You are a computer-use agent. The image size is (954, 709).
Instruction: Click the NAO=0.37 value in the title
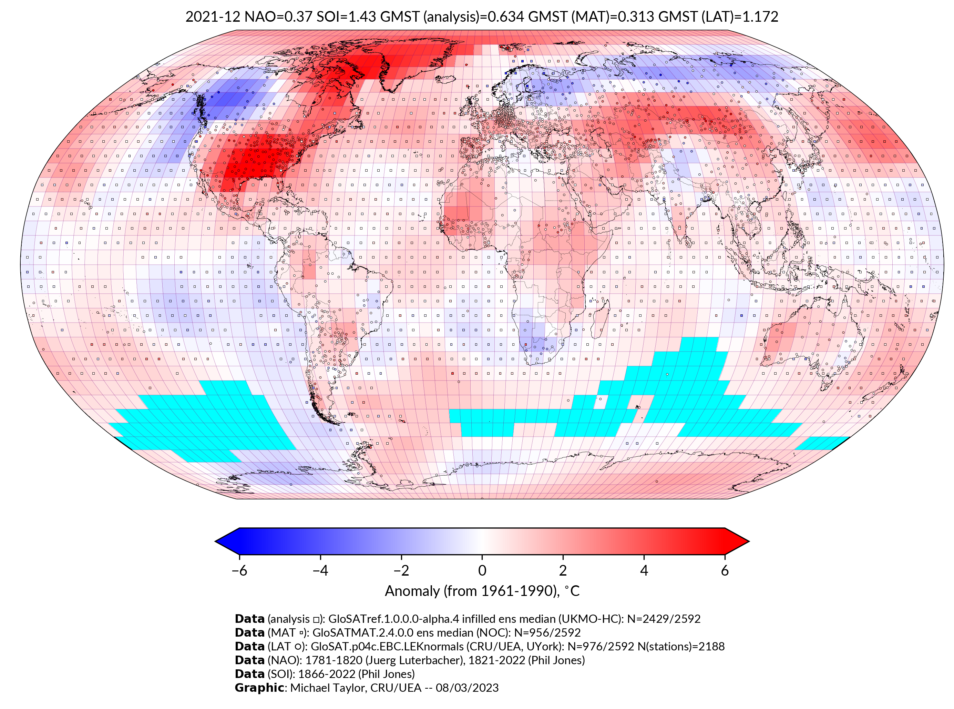pos(278,17)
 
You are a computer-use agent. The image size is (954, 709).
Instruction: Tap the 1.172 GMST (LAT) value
pos(760,17)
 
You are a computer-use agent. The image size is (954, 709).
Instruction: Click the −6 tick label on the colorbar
pos(239,570)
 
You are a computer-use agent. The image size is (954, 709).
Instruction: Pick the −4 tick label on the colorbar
pos(320,570)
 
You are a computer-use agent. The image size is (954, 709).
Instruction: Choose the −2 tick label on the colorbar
pos(401,570)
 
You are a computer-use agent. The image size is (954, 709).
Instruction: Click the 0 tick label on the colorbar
pos(482,570)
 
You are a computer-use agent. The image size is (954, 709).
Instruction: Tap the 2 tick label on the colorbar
pos(563,570)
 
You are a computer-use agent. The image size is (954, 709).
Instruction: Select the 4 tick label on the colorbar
pos(644,570)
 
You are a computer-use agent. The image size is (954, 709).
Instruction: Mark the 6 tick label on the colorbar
pos(725,570)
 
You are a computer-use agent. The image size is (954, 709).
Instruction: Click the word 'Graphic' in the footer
pos(259,688)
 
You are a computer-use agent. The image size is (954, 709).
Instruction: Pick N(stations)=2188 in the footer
pos(681,646)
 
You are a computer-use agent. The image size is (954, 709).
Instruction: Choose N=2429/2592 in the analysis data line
pos(664,619)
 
